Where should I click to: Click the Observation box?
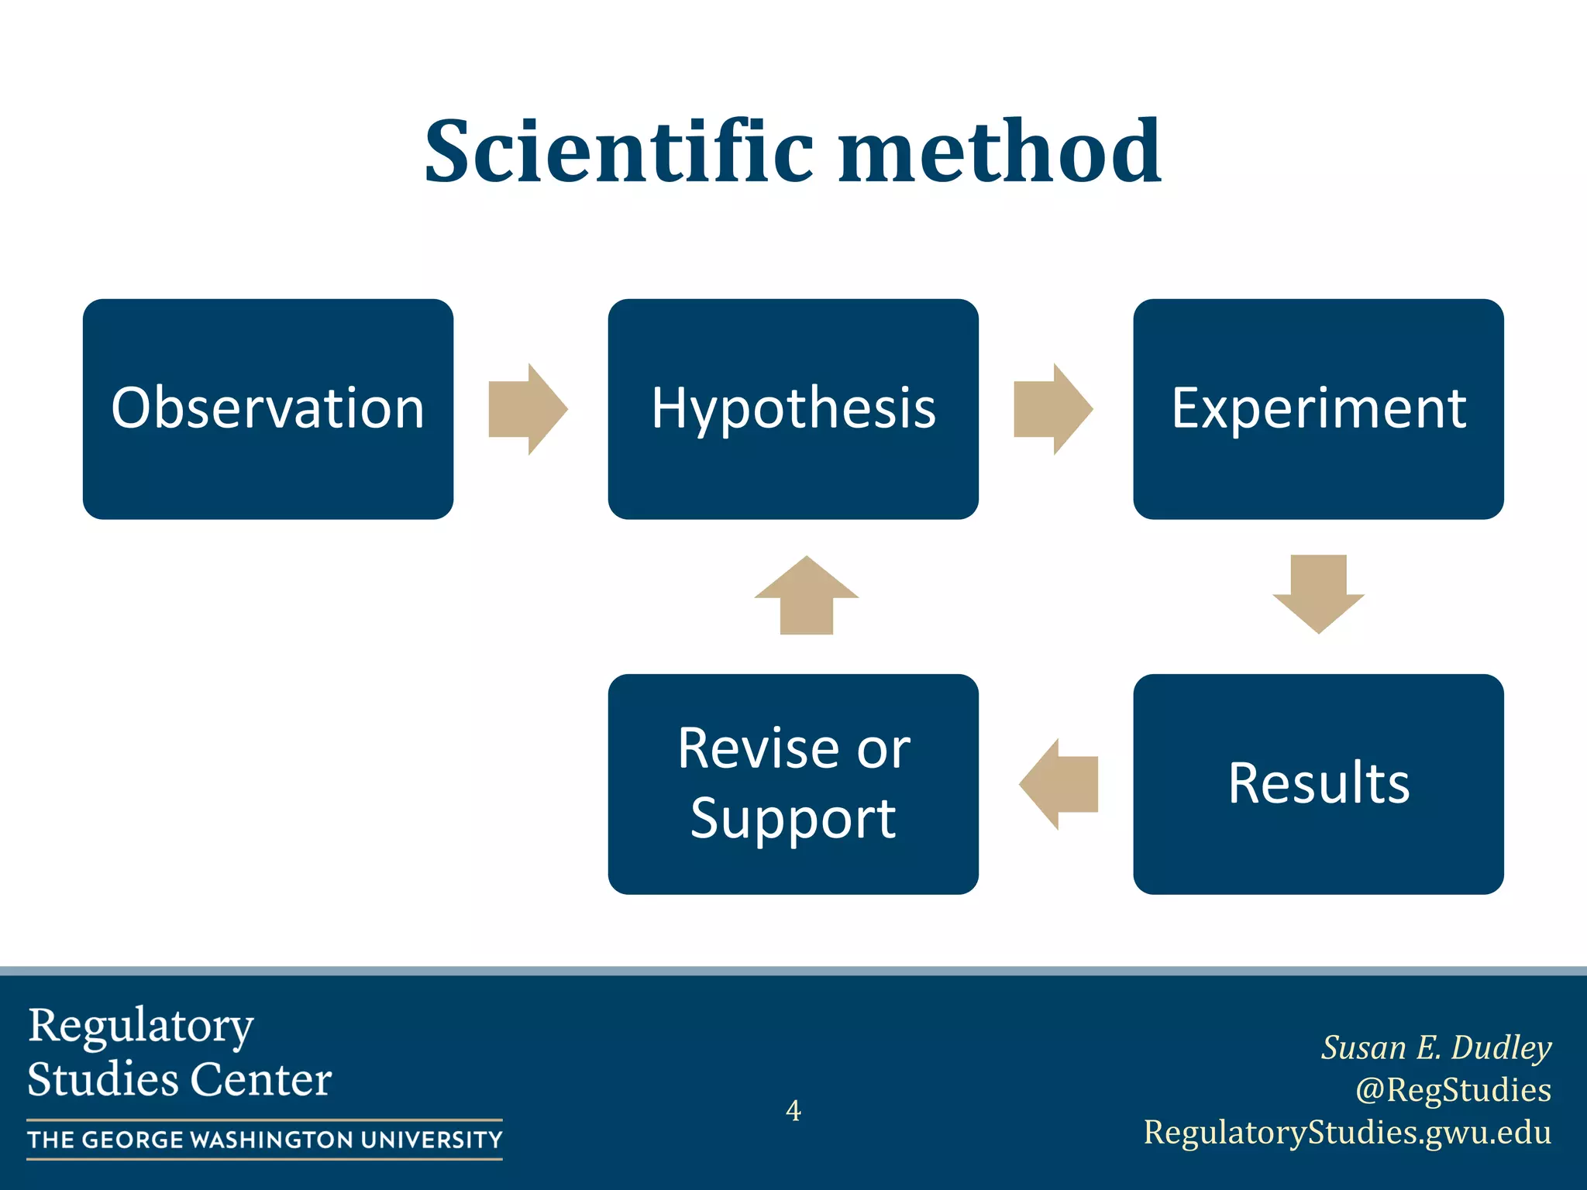coord(268,409)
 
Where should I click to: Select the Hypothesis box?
coord(793,409)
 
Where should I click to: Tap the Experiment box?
coord(1318,409)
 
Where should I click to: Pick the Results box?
coord(1318,784)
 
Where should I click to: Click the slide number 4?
coord(793,1110)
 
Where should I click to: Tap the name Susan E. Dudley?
coord(1436,1047)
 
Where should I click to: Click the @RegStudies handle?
coord(1453,1089)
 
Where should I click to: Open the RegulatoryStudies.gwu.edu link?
coord(1348,1132)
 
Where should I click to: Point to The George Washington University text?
coord(265,1140)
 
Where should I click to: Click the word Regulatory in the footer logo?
coord(141,1027)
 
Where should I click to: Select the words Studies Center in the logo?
coord(180,1079)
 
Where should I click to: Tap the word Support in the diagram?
coord(793,819)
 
